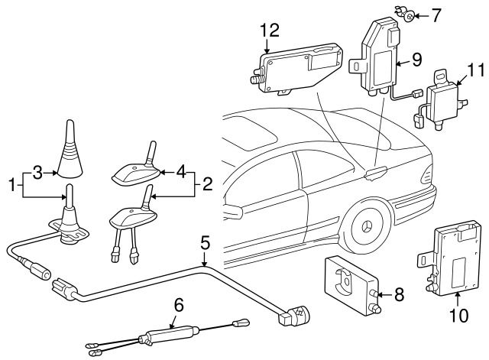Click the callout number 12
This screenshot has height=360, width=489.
(x=269, y=31)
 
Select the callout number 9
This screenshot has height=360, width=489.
(x=416, y=57)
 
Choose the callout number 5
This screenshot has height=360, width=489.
(x=205, y=244)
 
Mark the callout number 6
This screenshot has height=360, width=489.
(x=179, y=305)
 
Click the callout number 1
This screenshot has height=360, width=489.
(x=11, y=183)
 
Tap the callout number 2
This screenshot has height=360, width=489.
(x=207, y=183)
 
